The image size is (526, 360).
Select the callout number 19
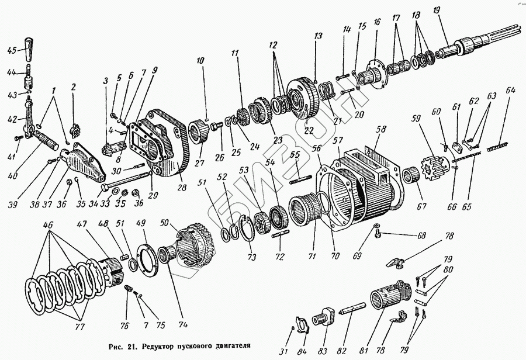point(436,11)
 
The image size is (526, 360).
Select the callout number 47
point(86,224)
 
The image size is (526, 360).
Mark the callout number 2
point(74,88)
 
